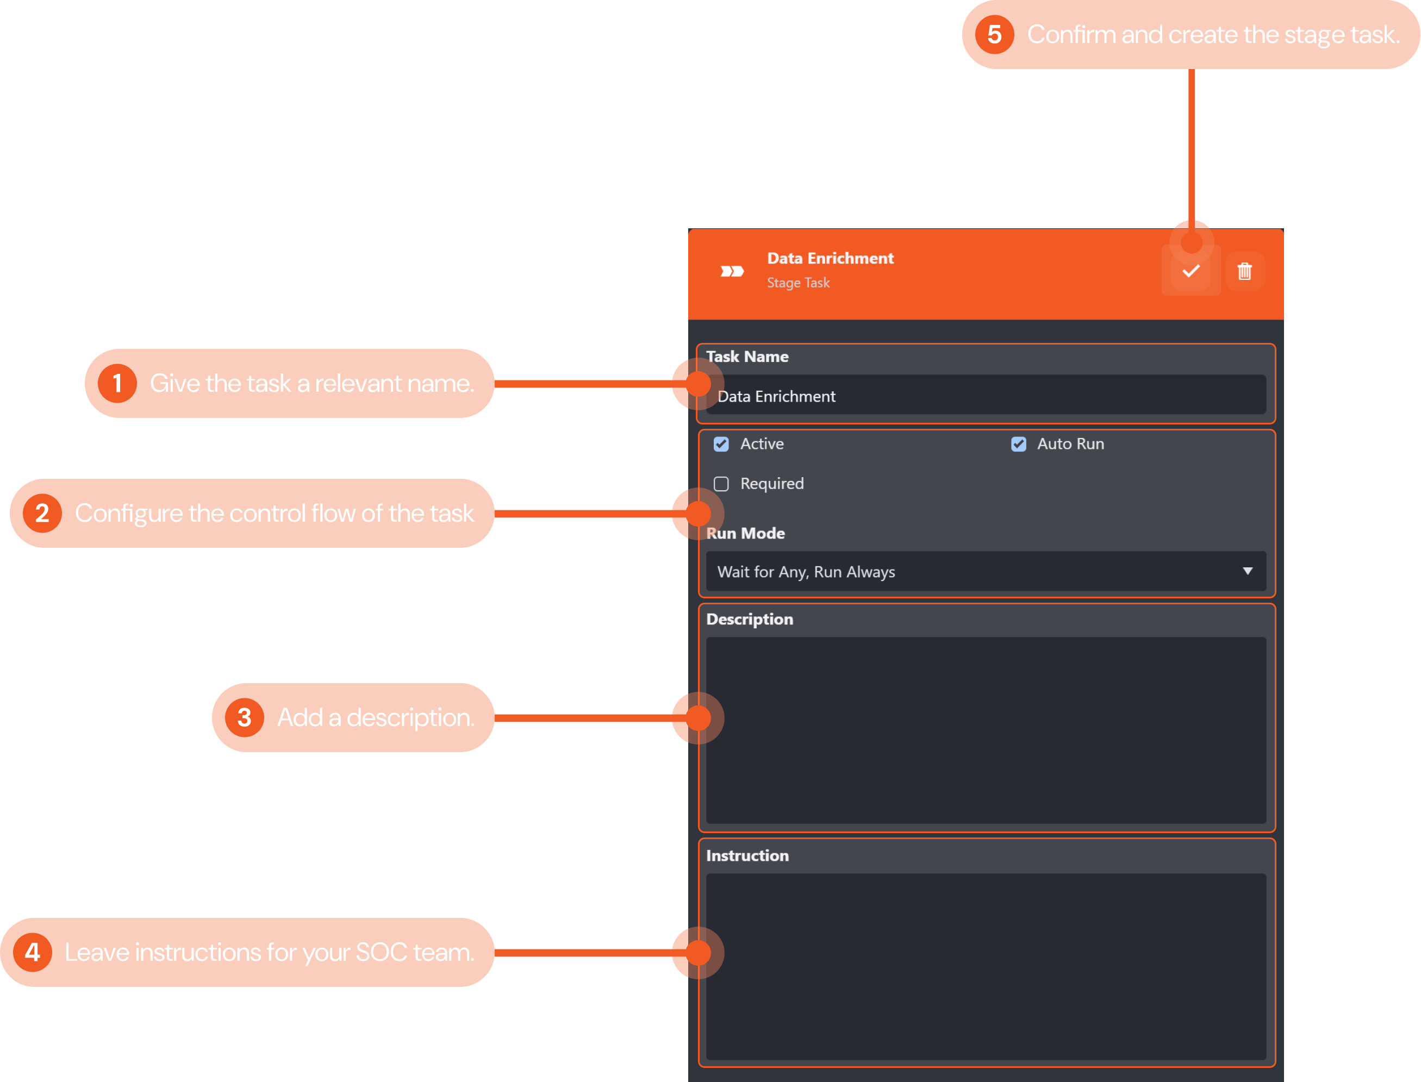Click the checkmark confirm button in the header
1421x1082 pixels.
(x=1191, y=271)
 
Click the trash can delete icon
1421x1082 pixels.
(x=1244, y=271)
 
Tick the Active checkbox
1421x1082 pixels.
(x=721, y=445)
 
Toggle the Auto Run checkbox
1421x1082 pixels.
(x=1018, y=445)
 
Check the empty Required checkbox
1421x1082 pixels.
(x=721, y=484)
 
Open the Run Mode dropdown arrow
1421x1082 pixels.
(x=1248, y=571)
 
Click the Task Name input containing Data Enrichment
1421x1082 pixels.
(x=986, y=396)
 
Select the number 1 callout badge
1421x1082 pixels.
(x=117, y=384)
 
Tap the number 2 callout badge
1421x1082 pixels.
(x=42, y=514)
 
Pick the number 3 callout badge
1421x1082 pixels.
(x=244, y=717)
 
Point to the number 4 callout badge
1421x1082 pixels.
(x=33, y=952)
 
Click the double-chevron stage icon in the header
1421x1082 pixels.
(x=732, y=271)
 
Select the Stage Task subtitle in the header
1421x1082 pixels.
(x=798, y=283)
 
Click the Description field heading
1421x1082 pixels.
(x=749, y=619)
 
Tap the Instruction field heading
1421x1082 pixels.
(x=747, y=855)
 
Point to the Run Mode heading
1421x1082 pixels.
(x=745, y=533)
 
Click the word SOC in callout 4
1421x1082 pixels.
(x=381, y=953)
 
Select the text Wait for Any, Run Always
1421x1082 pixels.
(x=806, y=572)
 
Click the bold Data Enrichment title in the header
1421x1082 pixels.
(x=830, y=258)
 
